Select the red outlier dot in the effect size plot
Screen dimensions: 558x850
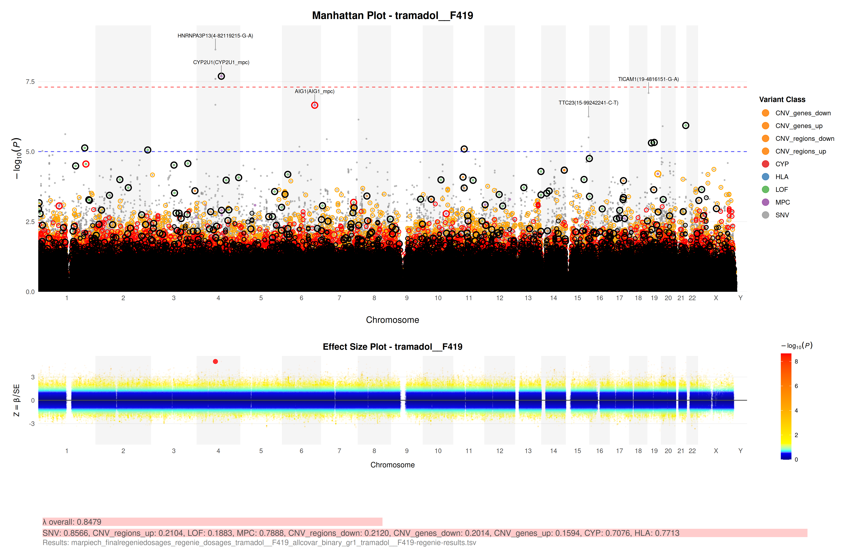[215, 362]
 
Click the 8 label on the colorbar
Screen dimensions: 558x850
[796, 362]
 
